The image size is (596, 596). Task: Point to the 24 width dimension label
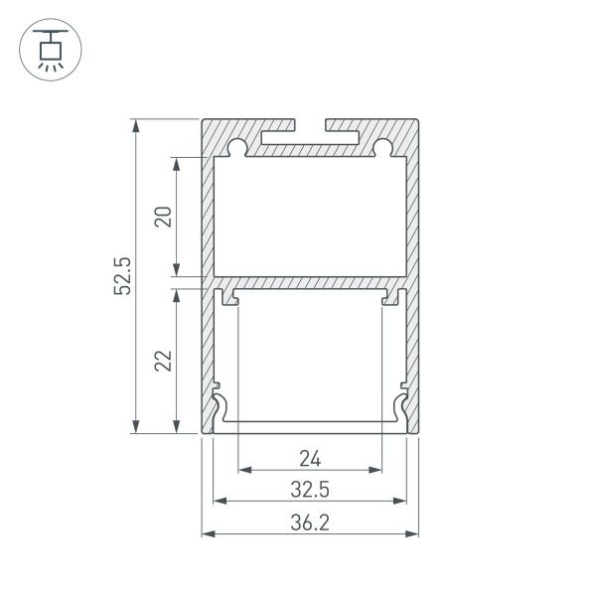click(x=310, y=458)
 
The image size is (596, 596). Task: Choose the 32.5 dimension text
click(x=310, y=489)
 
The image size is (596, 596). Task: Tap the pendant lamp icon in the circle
click(x=47, y=47)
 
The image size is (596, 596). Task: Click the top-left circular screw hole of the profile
click(x=236, y=149)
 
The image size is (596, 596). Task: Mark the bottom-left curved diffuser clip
click(x=223, y=408)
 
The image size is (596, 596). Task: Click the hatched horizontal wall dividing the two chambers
click(x=310, y=282)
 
